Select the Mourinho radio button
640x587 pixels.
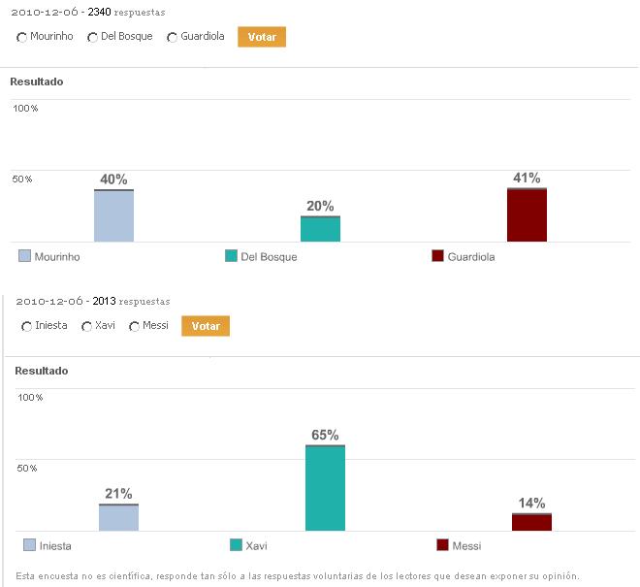[x=22, y=37]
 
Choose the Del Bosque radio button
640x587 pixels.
[x=92, y=37]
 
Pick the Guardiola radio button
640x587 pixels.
[x=172, y=37]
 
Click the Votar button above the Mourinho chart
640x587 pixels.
[x=262, y=37]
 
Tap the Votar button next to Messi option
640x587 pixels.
[x=206, y=326]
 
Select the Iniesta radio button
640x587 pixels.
[x=26, y=326]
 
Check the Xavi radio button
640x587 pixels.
[x=86, y=326]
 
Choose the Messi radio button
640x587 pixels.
[x=134, y=326]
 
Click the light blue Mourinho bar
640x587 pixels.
[x=113, y=215]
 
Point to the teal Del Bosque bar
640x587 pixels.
[x=320, y=229]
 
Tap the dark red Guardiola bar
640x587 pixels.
[x=527, y=214]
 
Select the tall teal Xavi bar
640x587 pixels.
[x=325, y=488]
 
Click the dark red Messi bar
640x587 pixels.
[x=531, y=522]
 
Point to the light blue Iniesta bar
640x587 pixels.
[x=118, y=517]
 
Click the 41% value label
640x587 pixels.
[x=527, y=179]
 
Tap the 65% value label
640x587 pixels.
[x=325, y=435]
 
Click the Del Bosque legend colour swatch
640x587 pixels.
[x=231, y=256]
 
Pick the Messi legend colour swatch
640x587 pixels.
[x=443, y=545]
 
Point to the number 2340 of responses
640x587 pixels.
[x=100, y=13]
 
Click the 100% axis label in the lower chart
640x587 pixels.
[x=30, y=398]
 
